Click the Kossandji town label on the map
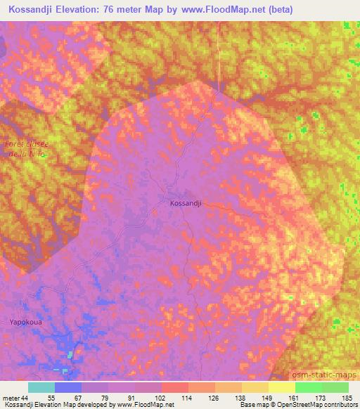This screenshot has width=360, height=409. click(186, 202)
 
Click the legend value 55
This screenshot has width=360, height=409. click(51, 397)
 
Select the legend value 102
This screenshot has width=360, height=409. click(161, 397)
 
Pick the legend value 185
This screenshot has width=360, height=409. click(347, 397)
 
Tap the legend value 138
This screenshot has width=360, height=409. click(240, 397)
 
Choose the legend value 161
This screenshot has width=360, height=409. click(294, 397)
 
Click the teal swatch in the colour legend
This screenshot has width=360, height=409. click(41, 387)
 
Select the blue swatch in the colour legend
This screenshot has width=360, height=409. click(68, 387)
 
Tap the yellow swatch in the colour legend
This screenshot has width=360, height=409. click(281, 387)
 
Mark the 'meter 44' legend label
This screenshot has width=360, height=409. click(15, 397)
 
